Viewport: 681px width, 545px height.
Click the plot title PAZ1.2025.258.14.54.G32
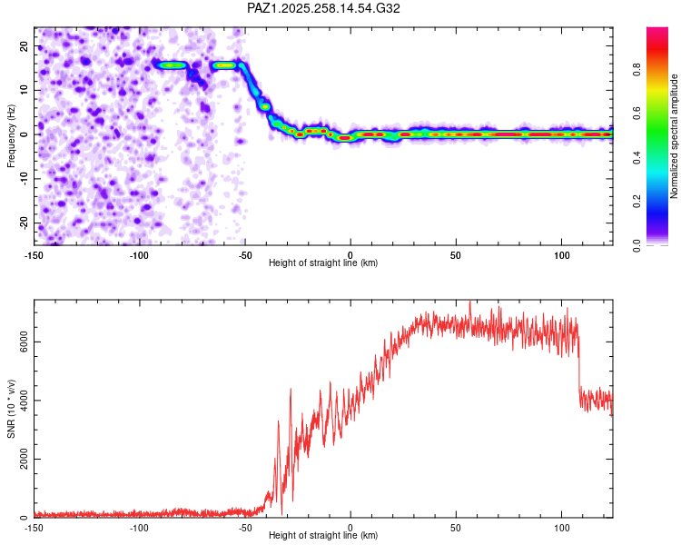(323, 8)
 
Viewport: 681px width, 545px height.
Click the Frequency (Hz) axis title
(12, 135)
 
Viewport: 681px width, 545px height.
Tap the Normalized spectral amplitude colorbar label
(675, 136)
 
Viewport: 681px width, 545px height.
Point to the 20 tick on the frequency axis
(25, 45)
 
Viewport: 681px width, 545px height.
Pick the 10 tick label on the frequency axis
(25, 90)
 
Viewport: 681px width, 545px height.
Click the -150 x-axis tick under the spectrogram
(35, 255)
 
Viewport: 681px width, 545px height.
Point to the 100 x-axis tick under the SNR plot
(561, 528)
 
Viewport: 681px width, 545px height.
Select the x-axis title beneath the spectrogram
(323, 263)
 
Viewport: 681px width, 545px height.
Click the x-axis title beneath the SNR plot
(323, 536)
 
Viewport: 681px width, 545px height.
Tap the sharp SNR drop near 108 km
(579, 363)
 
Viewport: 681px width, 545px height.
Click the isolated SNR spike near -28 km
(291, 391)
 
